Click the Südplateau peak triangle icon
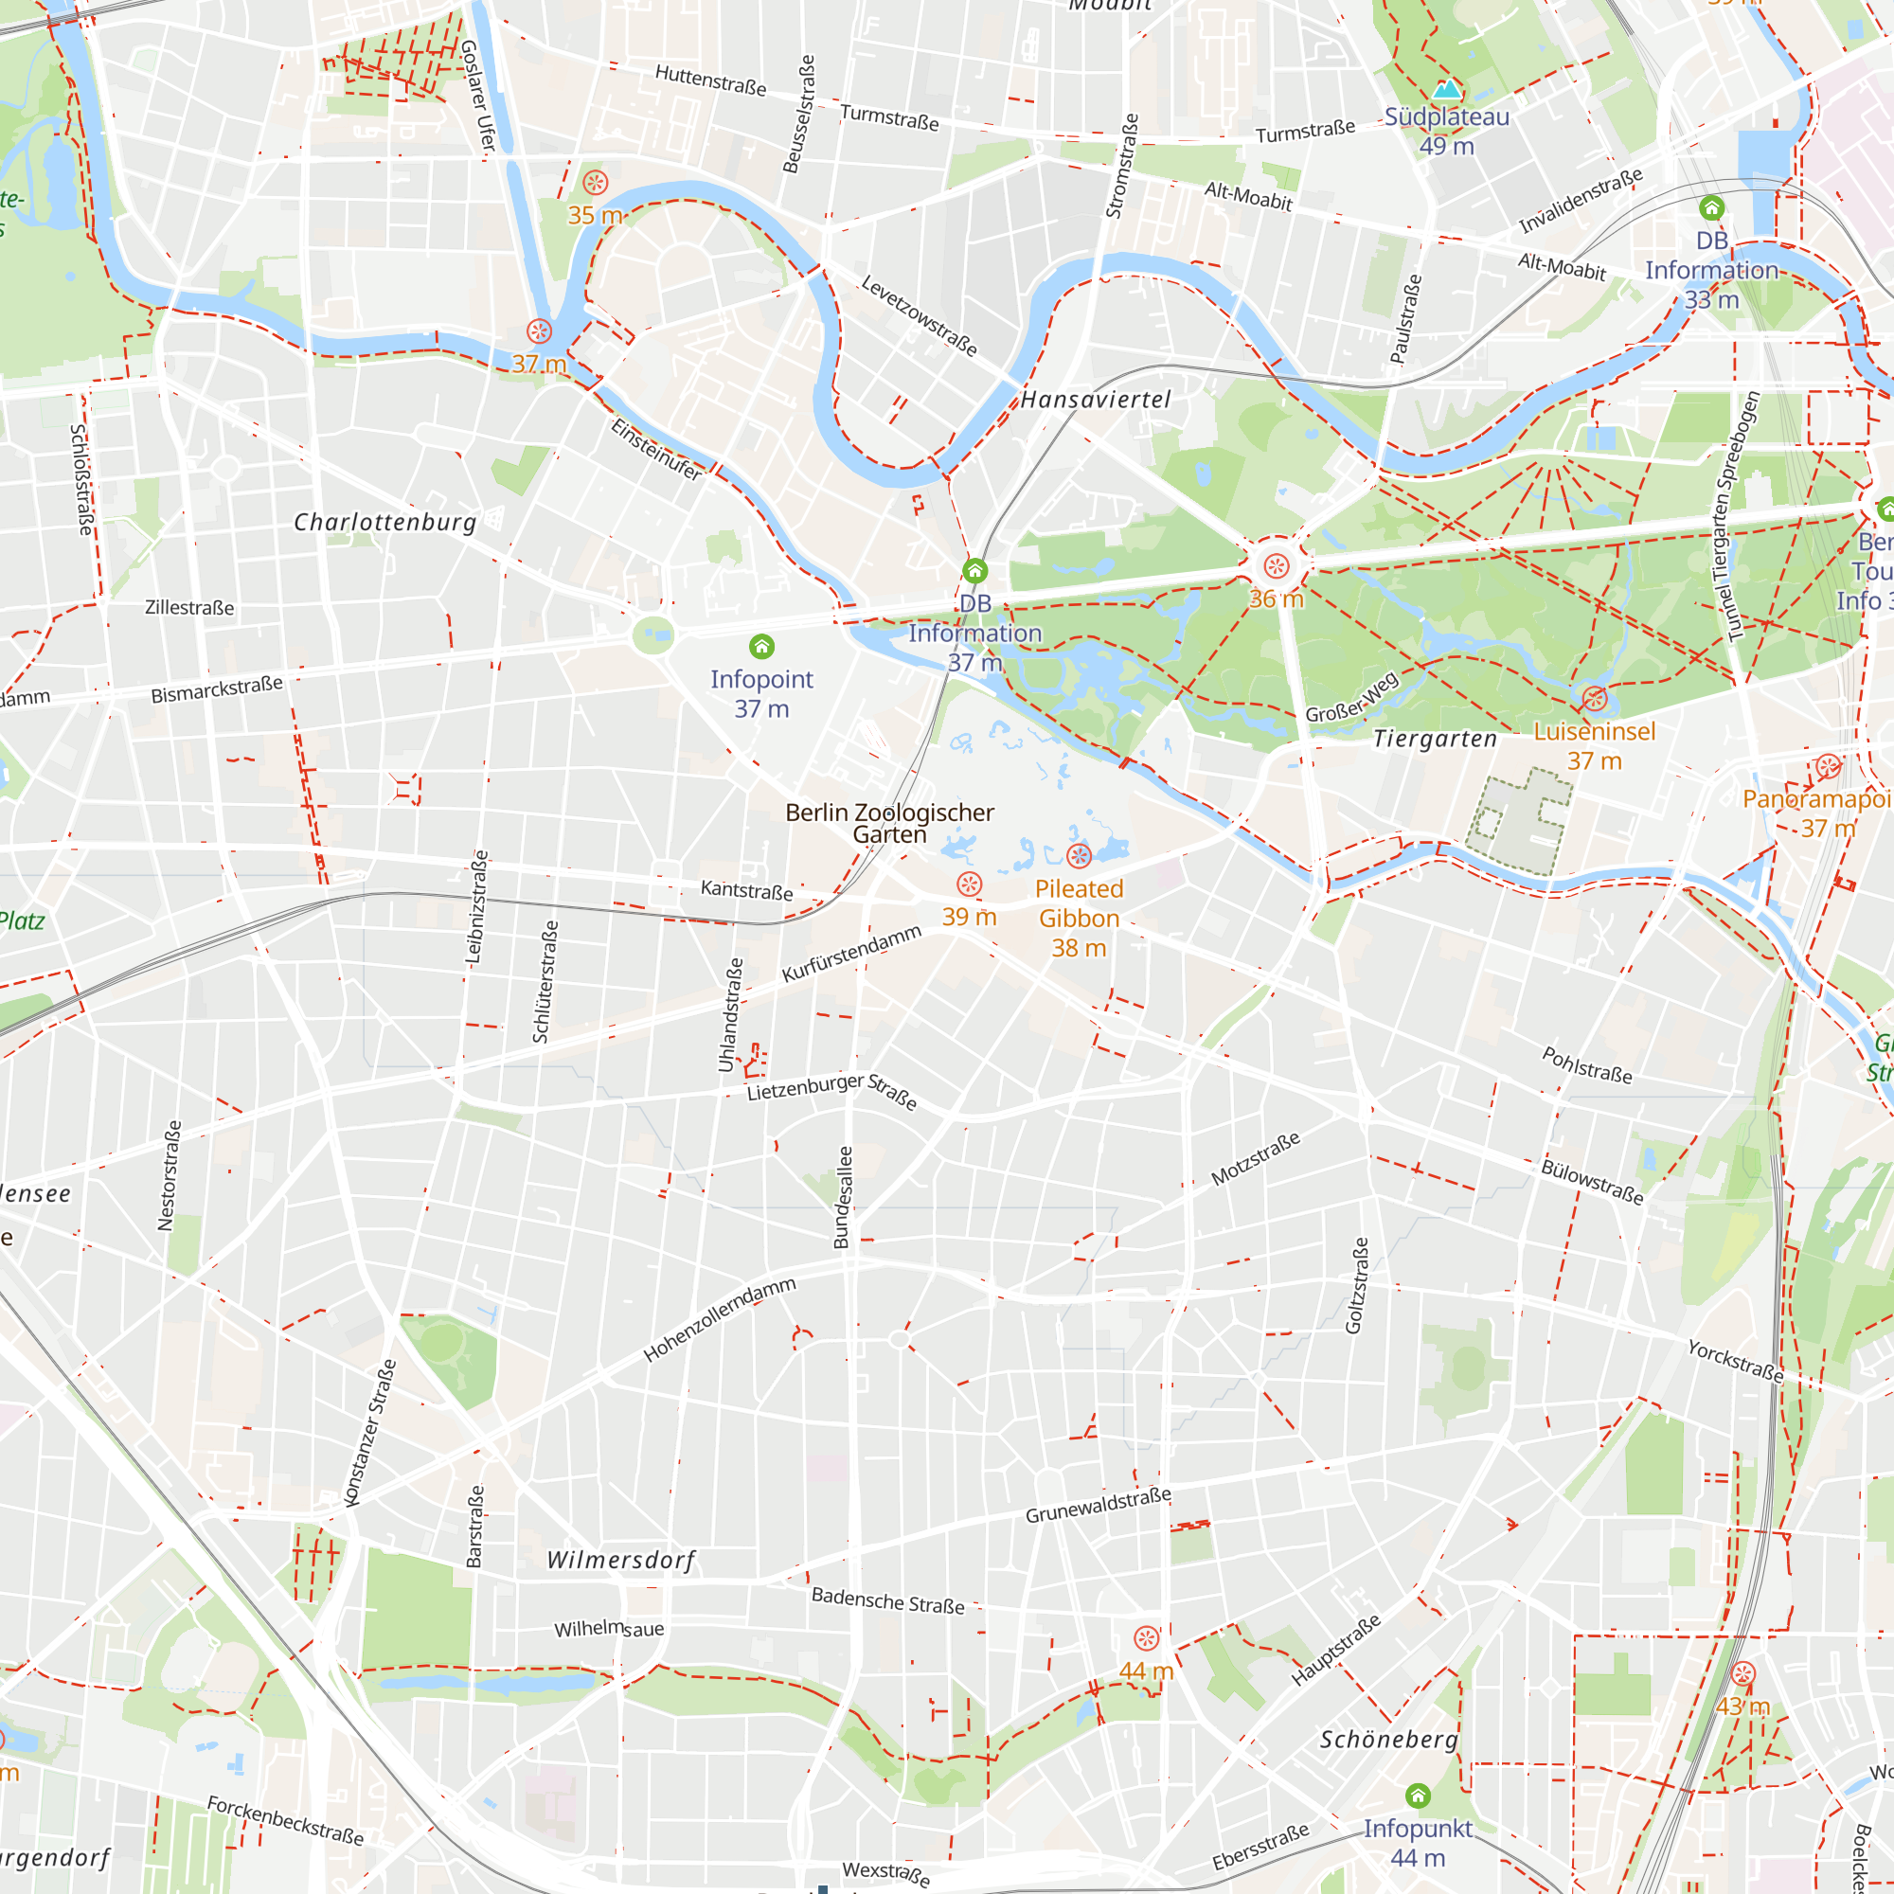tap(1446, 90)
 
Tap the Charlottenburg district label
tap(385, 522)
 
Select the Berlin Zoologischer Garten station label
tap(889, 824)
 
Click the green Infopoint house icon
tap(761, 646)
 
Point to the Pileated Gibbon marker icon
tap(1079, 856)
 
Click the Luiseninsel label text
tap(1594, 731)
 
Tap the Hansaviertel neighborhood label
tap(1095, 399)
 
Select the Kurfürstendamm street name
tap(851, 953)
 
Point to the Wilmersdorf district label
tap(620, 1560)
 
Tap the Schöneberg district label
tap(1388, 1739)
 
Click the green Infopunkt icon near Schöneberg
tap(1418, 1795)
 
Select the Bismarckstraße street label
tap(217, 688)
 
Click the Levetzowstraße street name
tap(919, 315)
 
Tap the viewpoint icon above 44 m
tap(1146, 1638)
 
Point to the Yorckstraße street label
tap(1735, 1361)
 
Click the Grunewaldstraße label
tap(1098, 1505)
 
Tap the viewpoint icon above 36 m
tap(1276, 565)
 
